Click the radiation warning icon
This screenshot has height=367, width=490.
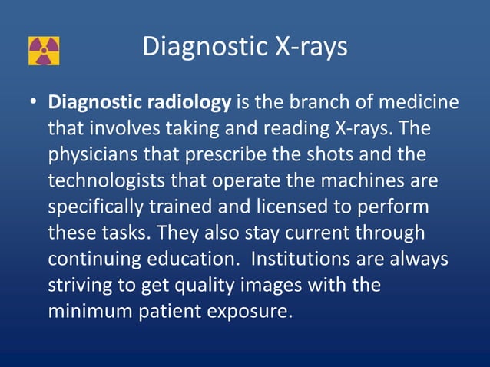pos(44,51)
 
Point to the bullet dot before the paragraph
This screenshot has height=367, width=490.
pos(34,102)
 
